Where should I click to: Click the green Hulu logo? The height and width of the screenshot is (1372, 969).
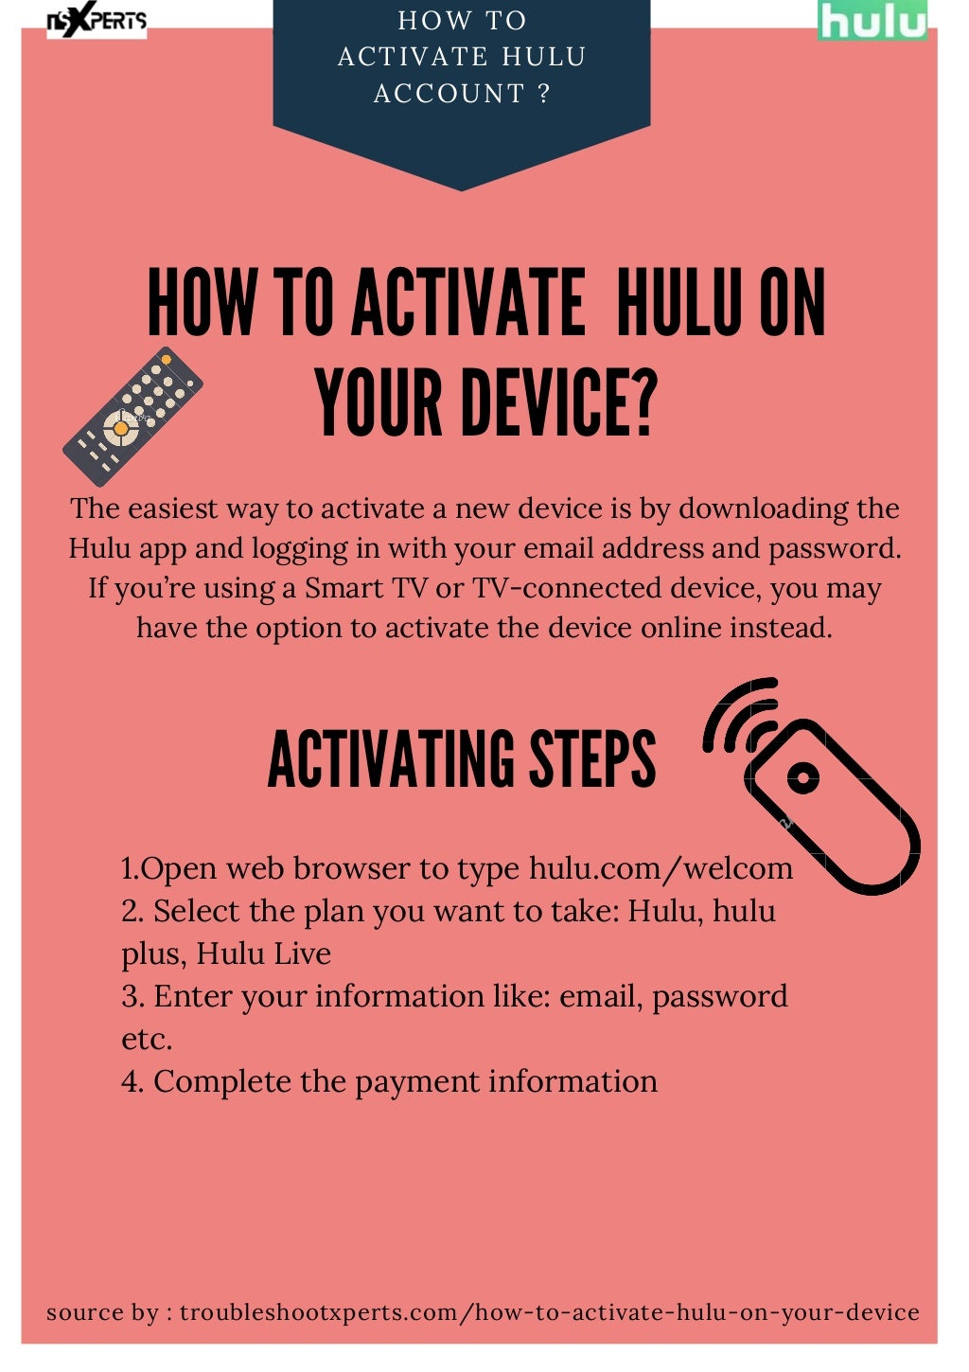click(872, 21)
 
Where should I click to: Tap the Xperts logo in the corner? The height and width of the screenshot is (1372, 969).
click(97, 19)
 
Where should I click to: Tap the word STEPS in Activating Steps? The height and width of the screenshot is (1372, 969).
click(591, 759)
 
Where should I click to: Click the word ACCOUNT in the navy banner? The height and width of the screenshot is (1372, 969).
click(449, 94)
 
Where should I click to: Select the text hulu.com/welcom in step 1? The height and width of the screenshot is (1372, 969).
click(661, 868)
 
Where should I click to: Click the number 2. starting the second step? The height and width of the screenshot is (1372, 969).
click(132, 911)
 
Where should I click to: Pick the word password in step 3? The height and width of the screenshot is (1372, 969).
click(719, 997)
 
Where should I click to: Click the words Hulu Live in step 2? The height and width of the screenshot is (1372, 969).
click(263, 953)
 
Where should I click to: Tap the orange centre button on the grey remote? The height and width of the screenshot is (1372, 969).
click(121, 429)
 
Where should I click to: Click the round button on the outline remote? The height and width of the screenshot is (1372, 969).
click(803, 778)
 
